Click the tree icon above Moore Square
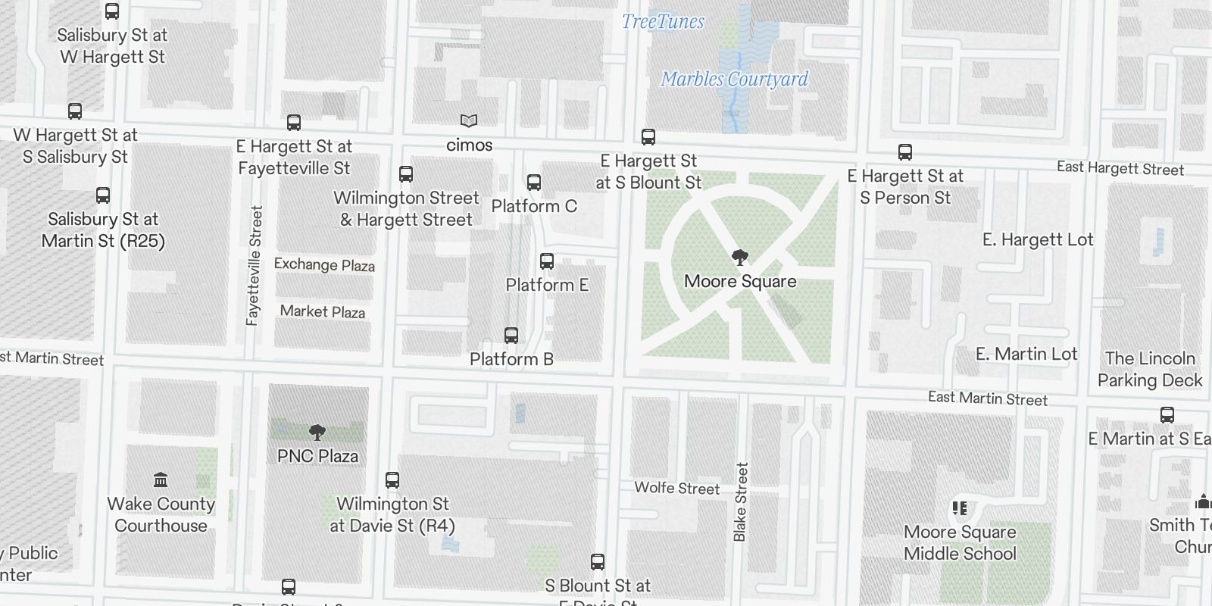(739, 257)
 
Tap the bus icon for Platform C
(534, 183)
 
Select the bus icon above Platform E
(547, 261)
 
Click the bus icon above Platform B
(511, 336)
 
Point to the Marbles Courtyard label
(734, 79)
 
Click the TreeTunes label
(663, 22)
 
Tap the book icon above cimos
(469, 121)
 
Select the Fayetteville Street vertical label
(255, 266)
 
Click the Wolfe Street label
(676, 489)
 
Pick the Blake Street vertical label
(741, 501)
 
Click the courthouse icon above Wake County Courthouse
(161, 479)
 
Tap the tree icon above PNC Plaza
(317, 433)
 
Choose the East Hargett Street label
(1120, 169)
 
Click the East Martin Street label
(987, 398)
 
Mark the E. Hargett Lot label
(1038, 240)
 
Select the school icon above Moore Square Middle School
(960, 508)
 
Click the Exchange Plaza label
(324, 265)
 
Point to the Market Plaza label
(323, 311)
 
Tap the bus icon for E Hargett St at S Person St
(905, 152)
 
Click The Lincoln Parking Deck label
(1150, 369)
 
